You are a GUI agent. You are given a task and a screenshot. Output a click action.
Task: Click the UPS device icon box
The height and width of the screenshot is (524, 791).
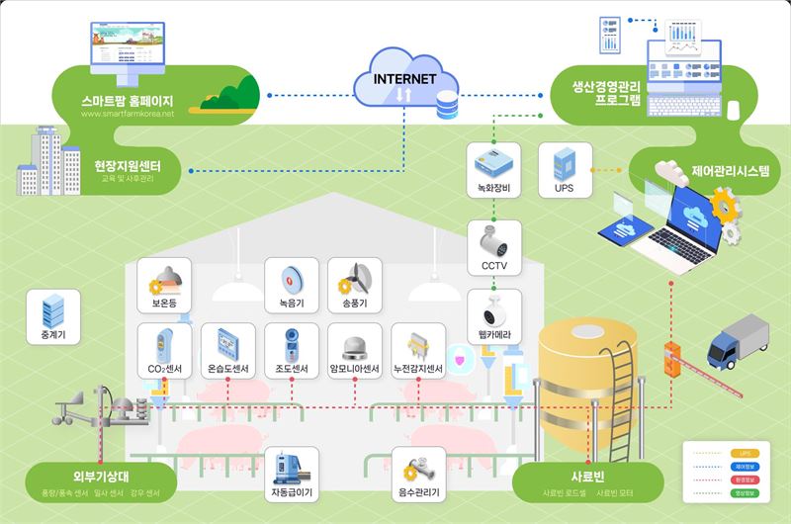click(565, 170)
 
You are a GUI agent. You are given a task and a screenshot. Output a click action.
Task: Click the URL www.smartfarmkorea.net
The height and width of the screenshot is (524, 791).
click(127, 114)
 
